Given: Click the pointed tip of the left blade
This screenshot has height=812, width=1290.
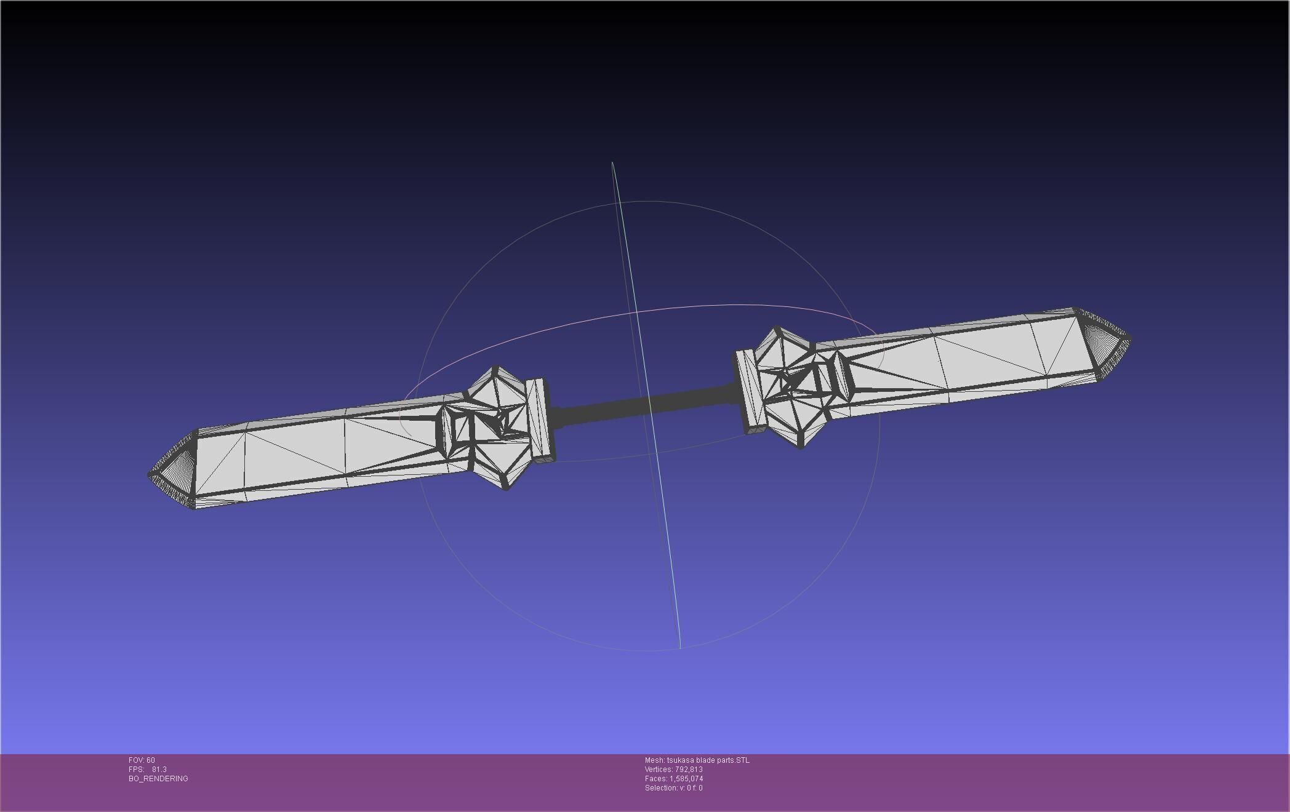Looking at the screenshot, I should point(150,475).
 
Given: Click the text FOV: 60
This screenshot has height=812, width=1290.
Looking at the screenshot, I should point(142,760).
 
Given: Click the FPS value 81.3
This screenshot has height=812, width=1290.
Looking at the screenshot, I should point(159,770).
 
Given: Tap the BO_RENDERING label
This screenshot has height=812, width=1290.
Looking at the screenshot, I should point(158,779).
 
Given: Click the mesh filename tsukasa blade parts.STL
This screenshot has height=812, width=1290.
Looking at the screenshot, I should point(708,760).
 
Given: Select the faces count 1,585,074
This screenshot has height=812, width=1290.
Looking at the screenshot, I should point(686,779).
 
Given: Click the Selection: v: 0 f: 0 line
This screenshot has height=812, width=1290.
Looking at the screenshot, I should point(673,788).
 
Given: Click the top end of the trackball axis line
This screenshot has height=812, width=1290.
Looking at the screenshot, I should point(612,163).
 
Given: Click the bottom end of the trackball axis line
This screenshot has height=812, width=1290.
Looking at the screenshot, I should point(679,647).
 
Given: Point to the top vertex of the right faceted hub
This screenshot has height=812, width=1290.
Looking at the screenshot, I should point(777,327).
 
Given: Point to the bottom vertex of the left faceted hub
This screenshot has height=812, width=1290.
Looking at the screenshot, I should point(506,490).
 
